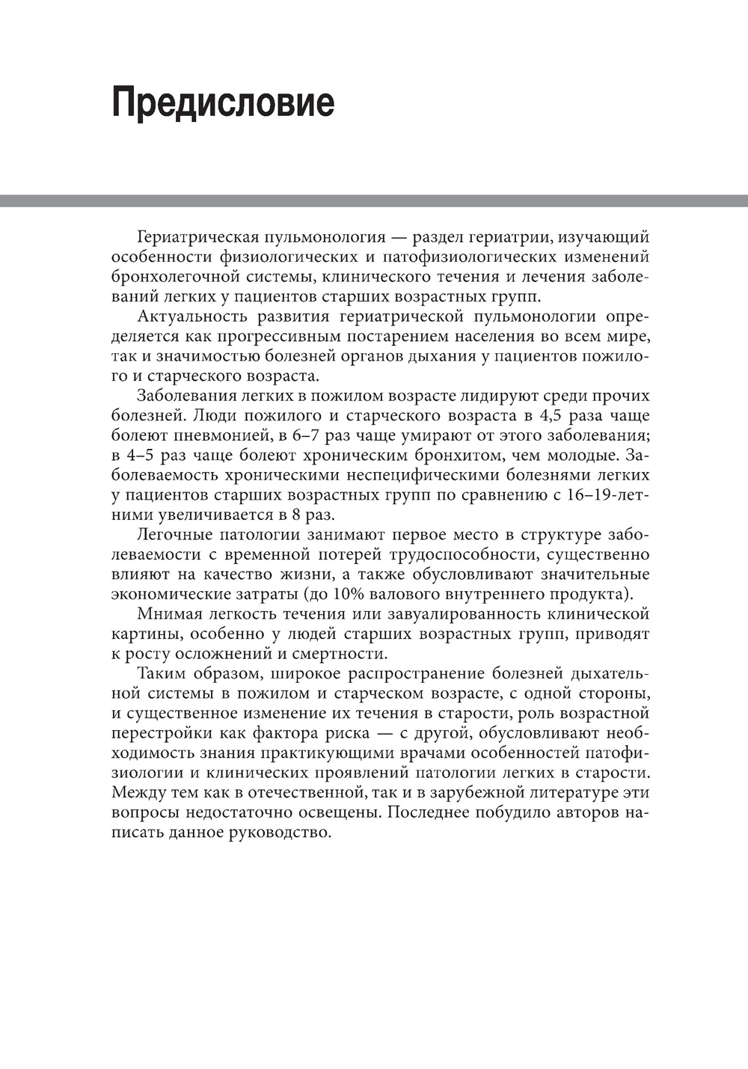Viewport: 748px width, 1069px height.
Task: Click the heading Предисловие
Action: [223, 102]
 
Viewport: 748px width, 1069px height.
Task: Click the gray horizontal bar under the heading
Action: [374, 200]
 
